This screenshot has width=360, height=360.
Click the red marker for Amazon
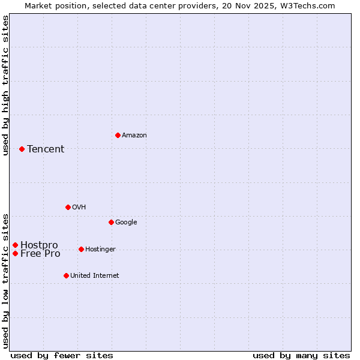click(118, 135)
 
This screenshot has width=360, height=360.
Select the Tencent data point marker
click(22, 149)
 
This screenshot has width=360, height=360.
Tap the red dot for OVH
click(68, 207)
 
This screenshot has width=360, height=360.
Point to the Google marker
click(111, 222)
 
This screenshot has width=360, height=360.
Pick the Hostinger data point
click(81, 249)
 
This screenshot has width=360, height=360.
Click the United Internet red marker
click(66, 275)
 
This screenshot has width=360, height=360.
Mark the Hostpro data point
click(15, 245)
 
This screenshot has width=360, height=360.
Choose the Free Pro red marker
click(15, 253)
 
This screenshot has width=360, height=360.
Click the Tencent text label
click(46, 149)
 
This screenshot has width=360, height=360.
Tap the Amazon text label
click(134, 136)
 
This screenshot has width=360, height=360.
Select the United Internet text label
click(94, 276)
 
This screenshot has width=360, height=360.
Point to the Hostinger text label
click(100, 250)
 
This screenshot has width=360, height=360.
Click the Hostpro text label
click(39, 245)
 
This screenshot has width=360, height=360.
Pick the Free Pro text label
click(40, 254)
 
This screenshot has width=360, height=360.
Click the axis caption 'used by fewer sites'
click(62, 355)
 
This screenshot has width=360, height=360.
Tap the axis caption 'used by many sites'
click(301, 355)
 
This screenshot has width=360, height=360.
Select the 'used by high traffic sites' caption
click(6, 85)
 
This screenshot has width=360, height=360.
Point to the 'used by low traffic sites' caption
click(6, 281)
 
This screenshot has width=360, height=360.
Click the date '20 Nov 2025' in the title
click(244, 5)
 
